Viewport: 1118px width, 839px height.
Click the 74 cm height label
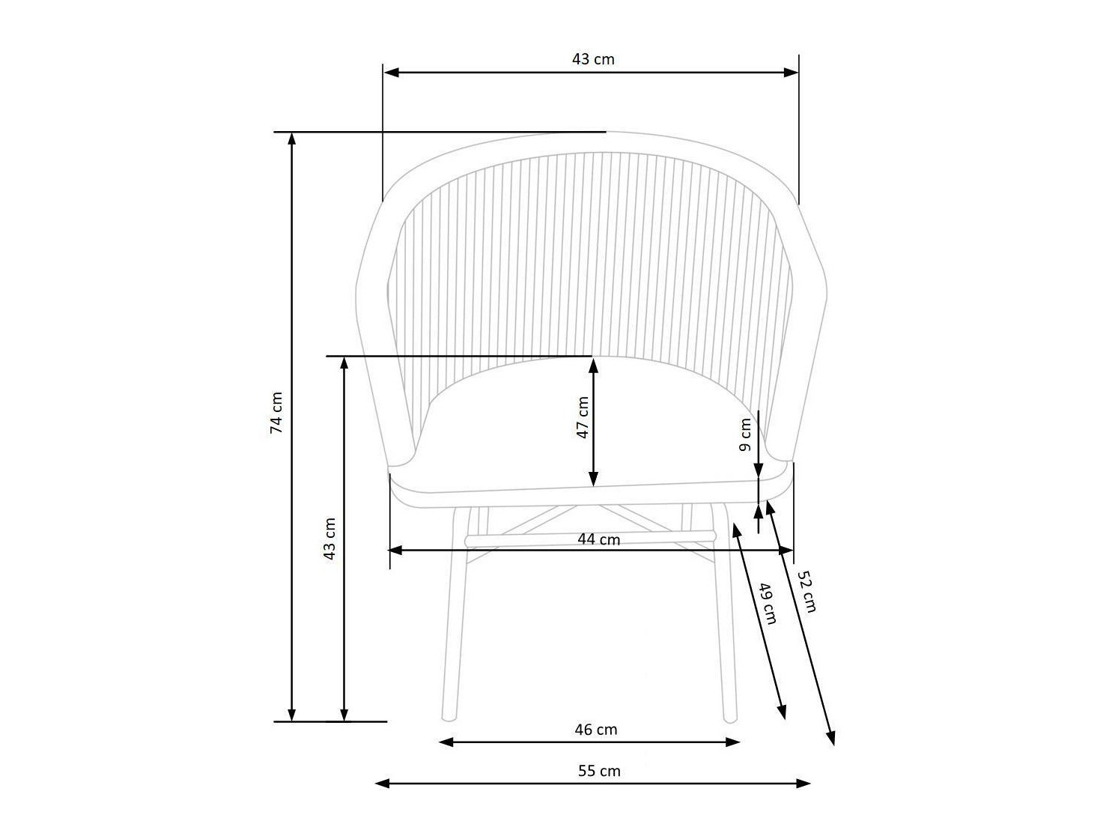click(x=276, y=412)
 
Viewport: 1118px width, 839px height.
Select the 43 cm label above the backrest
click(x=593, y=59)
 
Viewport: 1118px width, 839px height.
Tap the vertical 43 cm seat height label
click(x=329, y=539)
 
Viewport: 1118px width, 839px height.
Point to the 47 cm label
click(x=583, y=417)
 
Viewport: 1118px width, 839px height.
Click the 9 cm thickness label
click(x=745, y=435)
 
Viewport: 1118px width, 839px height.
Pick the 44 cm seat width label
click(x=598, y=539)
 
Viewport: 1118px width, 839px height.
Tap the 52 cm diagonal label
click(x=806, y=591)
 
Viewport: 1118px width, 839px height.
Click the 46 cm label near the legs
click(x=596, y=729)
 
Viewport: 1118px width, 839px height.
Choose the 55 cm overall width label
click(x=599, y=770)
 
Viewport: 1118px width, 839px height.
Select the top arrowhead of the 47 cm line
click(x=594, y=364)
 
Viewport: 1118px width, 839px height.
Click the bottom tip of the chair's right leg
click(x=729, y=719)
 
